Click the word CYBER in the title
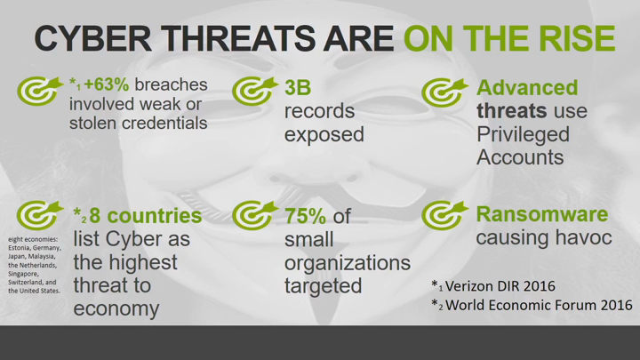pos(93,38)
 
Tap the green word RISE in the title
pos(577,38)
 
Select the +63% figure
pos(106,84)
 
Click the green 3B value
pos(298,88)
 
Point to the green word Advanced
pos(527,88)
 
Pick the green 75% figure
pos(305,216)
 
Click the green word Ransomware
pos(542,214)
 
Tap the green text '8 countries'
pos(146,215)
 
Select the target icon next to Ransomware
pos(444,215)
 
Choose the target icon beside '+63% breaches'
pos(40,91)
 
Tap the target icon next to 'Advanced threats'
pos(444,92)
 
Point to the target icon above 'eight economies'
pos(40,215)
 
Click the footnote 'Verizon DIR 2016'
pos(500,286)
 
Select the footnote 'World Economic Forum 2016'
pos(539,305)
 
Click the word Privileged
pos(523,135)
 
